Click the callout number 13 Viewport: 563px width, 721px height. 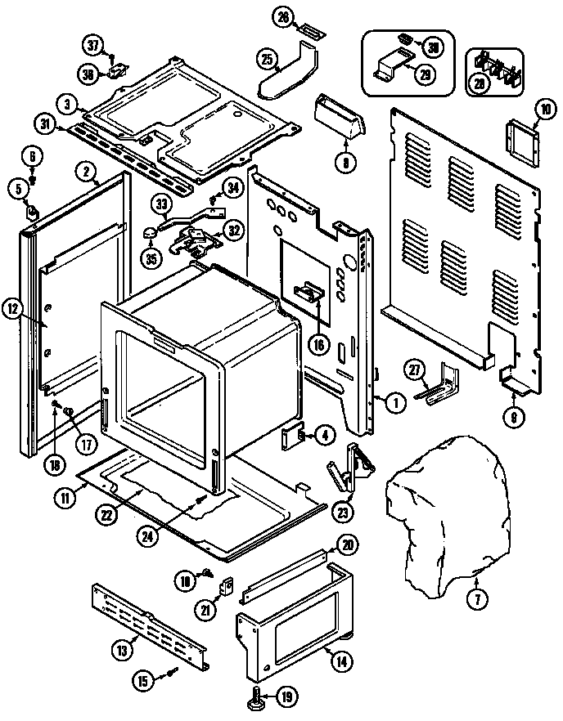tap(122, 651)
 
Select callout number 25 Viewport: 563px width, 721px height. tap(266, 59)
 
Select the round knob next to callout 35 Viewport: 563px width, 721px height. tap(150, 235)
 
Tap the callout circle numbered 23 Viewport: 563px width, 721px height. tap(343, 512)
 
